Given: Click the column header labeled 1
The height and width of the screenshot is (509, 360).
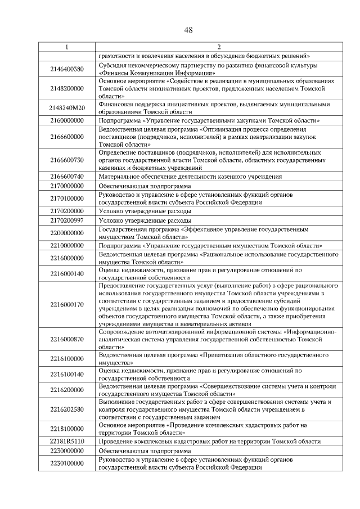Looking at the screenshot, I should [x=66, y=47].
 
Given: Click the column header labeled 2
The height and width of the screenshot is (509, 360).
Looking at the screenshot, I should [x=219, y=47].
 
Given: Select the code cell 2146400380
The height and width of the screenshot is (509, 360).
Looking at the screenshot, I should [x=66, y=69].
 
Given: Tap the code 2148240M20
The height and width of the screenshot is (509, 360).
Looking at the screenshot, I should [x=66, y=108].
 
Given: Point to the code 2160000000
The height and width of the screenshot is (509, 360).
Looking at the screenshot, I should [x=66, y=120].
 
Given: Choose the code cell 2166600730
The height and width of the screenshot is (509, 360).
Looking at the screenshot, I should [x=66, y=160].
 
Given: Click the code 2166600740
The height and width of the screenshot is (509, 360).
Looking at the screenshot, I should [x=66, y=176].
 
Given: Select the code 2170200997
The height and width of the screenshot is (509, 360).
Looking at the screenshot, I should [x=66, y=220].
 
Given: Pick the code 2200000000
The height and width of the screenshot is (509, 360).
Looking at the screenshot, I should [x=66, y=233].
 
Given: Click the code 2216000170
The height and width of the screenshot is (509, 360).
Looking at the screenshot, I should [x=66, y=304].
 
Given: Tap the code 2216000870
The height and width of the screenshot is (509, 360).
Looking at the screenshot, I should [x=66, y=340].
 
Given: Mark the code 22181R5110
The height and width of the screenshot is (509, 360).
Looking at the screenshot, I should [x=66, y=442].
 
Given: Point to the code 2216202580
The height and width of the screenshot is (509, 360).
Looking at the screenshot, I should [x=66, y=409].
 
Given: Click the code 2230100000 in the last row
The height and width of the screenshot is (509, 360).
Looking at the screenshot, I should [x=66, y=463].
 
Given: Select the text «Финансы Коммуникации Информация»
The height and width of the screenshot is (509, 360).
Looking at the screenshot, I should [x=156, y=73].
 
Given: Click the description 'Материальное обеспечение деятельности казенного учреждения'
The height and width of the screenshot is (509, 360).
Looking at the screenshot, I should [x=190, y=176].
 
